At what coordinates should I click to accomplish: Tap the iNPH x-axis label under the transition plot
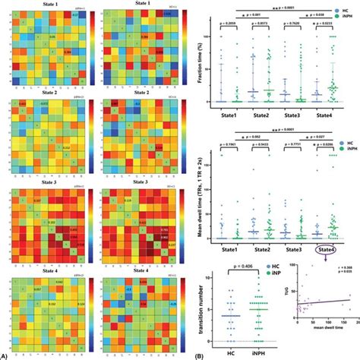pos(258,352)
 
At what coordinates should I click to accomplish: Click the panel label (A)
pos(6,355)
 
